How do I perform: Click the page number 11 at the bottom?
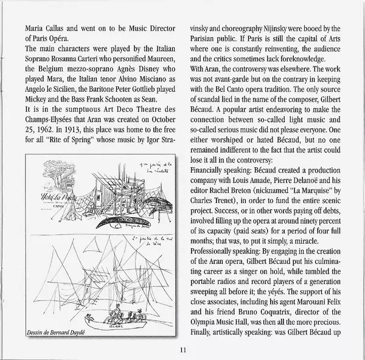click(183, 349)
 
